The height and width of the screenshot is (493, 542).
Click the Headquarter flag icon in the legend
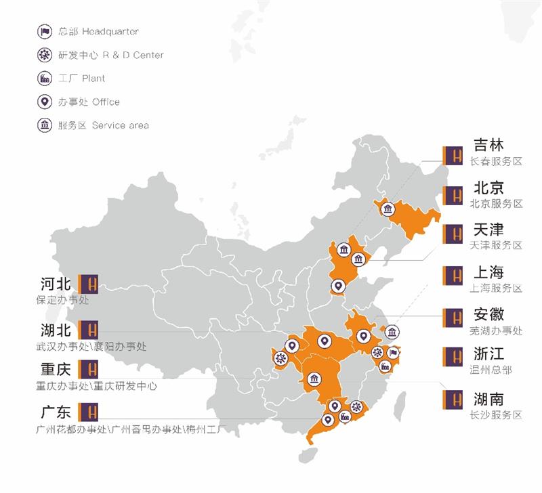click(45, 31)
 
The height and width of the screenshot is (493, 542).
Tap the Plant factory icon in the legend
click(45, 79)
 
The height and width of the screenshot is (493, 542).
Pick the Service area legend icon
click(45, 125)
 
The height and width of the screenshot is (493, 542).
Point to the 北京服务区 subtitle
click(496, 203)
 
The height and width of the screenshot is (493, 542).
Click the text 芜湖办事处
click(496, 331)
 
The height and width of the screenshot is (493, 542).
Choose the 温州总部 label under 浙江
click(491, 370)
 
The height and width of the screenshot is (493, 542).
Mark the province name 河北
click(56, 284)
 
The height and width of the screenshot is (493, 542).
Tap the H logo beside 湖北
click(89, 330)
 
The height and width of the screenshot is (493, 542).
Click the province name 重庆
click(56, 370)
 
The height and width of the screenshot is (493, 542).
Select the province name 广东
click(56, 412)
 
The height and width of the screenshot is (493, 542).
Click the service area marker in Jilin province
click(388, 209)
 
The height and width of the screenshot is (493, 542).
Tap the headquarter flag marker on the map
click(394, 352)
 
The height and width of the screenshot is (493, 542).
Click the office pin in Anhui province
click(363, 335)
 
